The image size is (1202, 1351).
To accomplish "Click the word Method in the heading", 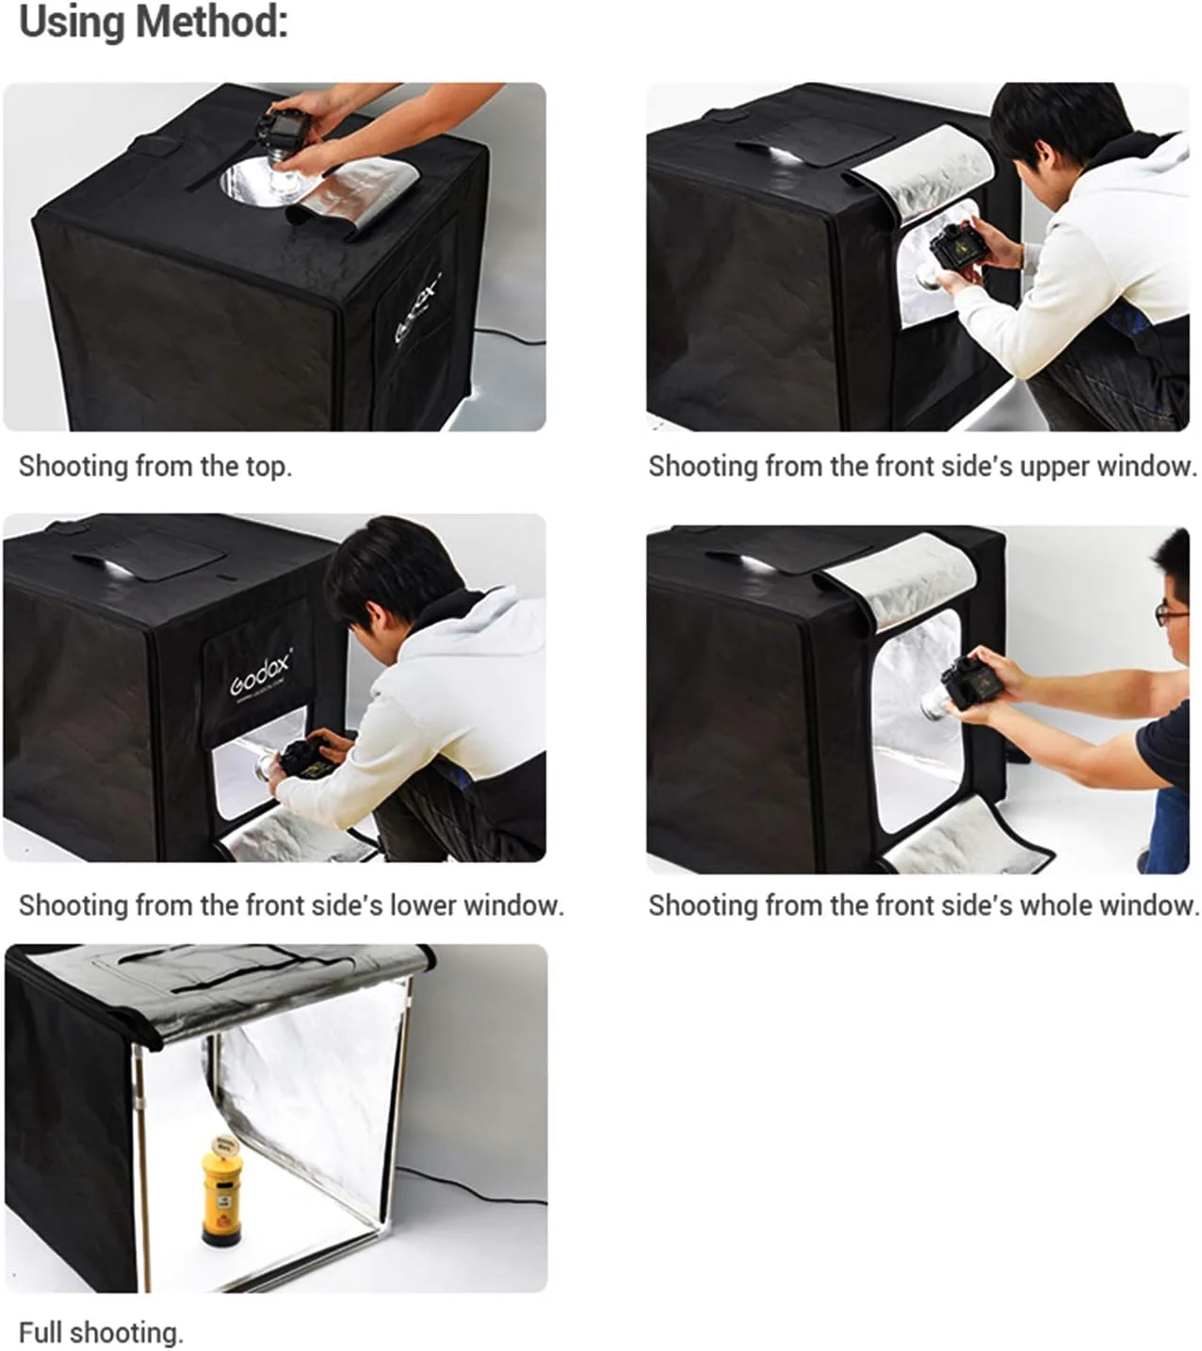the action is pos(211,22).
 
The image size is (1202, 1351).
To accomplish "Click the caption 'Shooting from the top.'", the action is pos(155,466).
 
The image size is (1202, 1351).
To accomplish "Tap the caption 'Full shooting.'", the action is pos(101,1332).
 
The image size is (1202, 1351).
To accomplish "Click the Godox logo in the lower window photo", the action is pos(261,673).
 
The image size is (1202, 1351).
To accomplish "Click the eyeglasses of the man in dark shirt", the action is pos(1170,612).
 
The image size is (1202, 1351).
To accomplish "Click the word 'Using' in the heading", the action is pos(72,24).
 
